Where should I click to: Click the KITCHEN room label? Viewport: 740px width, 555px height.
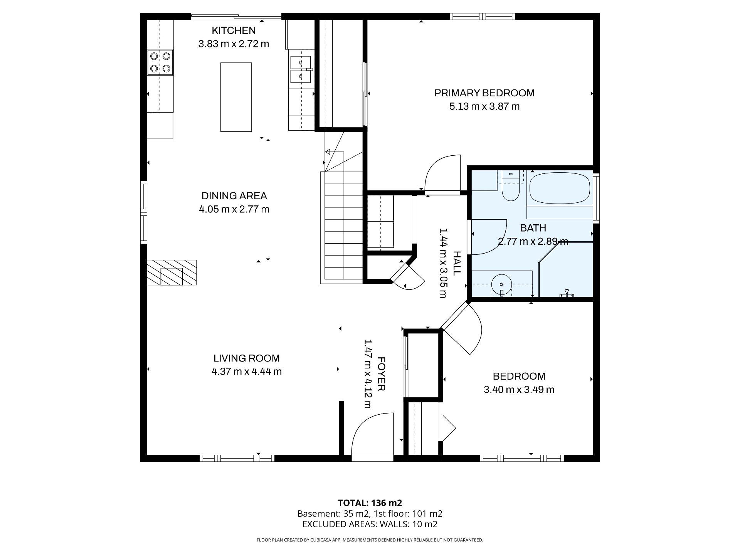click(234, 30)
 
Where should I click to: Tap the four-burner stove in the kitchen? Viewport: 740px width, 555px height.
click(160, 62)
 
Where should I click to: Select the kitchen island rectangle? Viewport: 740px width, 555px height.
click(236, 97)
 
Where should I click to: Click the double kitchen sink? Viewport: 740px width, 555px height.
click(301, 70)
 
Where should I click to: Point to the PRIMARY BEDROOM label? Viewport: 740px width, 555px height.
click(484, 93)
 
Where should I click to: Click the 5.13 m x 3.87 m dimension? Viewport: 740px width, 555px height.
click(484, 106)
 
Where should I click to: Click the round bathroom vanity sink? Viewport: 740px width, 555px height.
click(502, 285)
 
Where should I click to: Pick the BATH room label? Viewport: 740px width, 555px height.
click(533, 228)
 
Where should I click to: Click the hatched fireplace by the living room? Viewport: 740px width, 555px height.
click(172, 272)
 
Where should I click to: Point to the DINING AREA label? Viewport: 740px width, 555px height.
click(234, 196)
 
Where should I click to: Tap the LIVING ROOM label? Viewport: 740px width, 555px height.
click(247, 358)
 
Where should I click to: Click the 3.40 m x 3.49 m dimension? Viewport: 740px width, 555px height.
click(519, 390)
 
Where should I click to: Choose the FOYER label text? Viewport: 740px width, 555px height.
click(381, 374)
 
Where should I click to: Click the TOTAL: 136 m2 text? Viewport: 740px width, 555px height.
click(370, 503)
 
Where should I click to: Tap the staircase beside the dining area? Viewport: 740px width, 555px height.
click(342, 225)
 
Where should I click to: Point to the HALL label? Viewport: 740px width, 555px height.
click(456, 263)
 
